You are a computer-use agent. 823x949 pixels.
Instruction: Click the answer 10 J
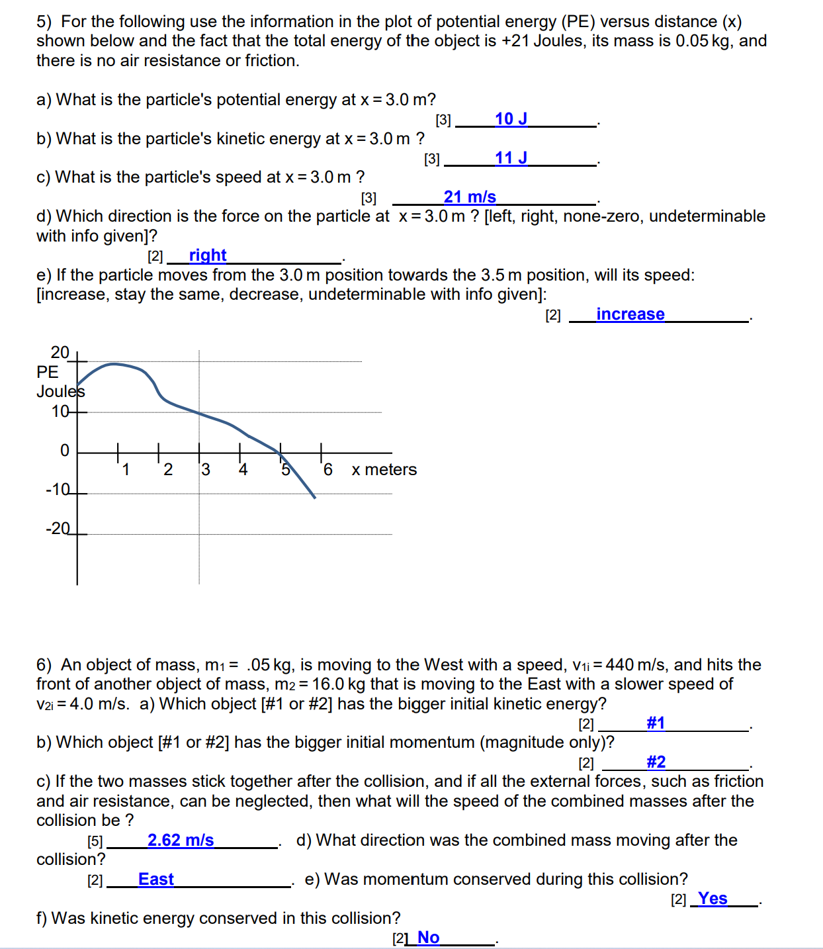point(511,119)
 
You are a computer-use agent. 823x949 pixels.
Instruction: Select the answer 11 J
point(511,158)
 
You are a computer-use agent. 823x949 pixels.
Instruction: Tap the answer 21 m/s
point(470,197)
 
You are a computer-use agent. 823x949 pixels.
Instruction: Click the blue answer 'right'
point(208,255)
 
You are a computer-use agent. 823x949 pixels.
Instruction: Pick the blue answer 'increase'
point(630,314)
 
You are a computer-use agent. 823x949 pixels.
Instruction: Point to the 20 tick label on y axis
point(60,352)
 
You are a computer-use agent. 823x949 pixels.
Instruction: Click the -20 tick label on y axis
point(58,529)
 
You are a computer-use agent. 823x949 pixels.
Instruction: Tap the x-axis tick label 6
point(327,470)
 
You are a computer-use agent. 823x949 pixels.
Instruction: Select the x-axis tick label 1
point(126,470)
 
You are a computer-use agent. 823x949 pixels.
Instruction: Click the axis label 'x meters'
point(384,470)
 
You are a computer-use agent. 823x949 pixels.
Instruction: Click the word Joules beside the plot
point(60,392)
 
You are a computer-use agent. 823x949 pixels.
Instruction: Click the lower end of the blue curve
point(314,497)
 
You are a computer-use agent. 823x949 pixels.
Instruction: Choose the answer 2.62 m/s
point(181,840)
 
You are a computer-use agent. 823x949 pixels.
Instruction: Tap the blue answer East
point(156,880)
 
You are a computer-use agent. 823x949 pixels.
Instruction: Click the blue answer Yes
point(713,899)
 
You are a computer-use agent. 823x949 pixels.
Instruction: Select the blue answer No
point(428,938)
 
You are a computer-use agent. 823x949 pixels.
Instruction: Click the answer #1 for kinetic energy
point(655,723)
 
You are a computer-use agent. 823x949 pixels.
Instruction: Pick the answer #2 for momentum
point(656,762)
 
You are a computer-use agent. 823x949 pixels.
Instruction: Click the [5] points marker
point(95,842)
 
